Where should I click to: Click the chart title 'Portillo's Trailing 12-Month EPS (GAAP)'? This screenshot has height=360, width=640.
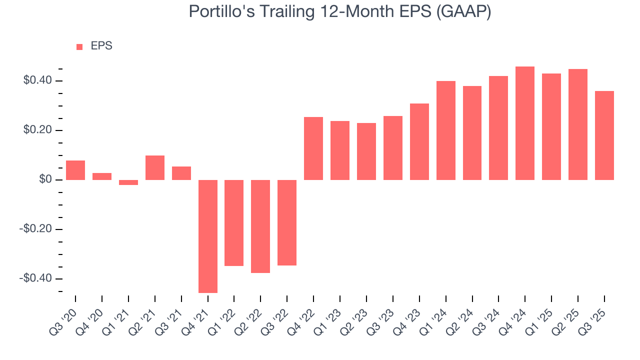pyautogui.click(x=339, y=11)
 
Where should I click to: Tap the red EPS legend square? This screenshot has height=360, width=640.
pyautogui.click(x=79, y=47)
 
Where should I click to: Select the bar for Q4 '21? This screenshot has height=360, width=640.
pyautogui.click(x=208, y=236)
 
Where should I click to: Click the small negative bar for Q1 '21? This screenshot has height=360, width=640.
pyautogui.click(x=128, y=182)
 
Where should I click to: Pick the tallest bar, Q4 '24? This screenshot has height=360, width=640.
pyautogui.click(x=525, y=123)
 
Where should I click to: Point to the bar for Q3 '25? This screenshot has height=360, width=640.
pyautogui.click(x=604, y=135)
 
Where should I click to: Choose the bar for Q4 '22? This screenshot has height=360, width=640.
pyautogui.click(x=313, y=148)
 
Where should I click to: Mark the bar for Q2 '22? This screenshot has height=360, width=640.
pyautogui.click(x=260, y=226)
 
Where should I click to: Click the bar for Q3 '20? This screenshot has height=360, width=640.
pyautogui.click(x=75, y=170)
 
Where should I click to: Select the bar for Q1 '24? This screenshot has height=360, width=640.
pyautogui.click(x=445, y=130)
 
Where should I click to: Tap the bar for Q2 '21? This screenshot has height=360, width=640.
pyautogui.click(x=155, y=167)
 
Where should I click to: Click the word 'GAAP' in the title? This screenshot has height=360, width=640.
pyautogui.click(x=463, y=11)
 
